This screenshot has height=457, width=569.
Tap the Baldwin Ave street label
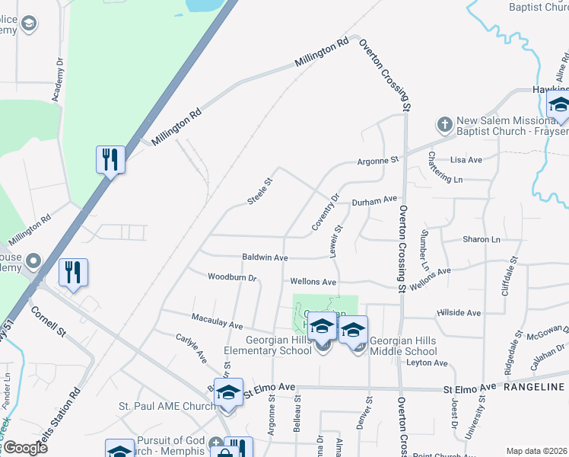(265, 258)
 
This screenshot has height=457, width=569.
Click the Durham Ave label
(374, 200)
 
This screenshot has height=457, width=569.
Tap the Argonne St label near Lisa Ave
(378, 161)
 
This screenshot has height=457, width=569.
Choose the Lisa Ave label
(466, 160)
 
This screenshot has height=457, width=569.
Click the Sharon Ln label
(482, 239)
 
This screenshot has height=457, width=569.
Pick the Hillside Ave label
(459, 313)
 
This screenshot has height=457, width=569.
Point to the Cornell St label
(49, 324)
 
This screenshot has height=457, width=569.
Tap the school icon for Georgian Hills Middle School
(353, 331)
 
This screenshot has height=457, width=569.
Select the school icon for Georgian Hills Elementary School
(323, 328)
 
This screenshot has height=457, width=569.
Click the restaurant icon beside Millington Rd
(110, 159)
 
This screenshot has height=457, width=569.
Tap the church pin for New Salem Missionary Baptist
(444, 123)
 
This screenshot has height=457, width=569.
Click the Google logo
(25, 448)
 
